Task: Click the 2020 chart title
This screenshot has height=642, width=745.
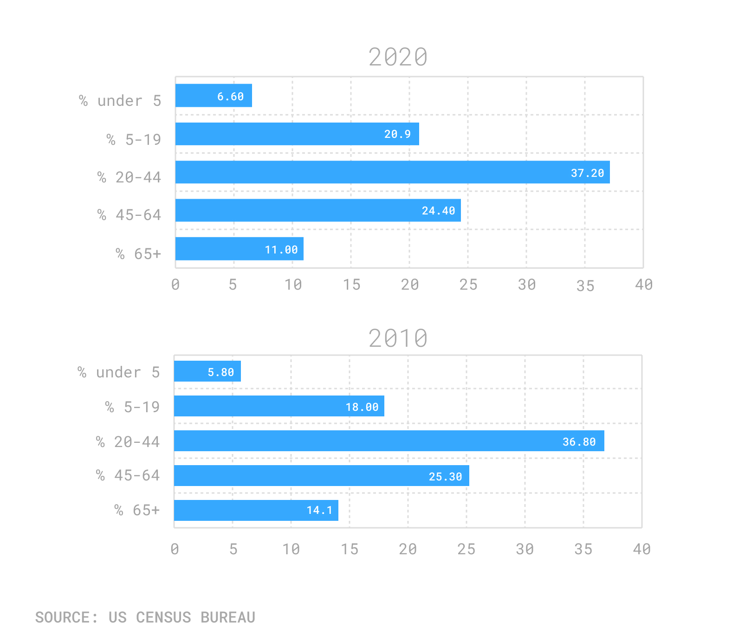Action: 398,57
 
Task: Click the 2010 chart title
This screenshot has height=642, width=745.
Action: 398,338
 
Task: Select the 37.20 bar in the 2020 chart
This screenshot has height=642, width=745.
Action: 392,172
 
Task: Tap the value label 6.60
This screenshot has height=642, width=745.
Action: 230,97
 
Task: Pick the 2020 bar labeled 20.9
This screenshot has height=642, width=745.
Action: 297,134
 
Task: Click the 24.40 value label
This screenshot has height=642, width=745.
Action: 438,211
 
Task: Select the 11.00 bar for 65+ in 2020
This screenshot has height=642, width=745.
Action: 239,249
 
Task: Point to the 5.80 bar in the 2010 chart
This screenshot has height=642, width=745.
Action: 207,371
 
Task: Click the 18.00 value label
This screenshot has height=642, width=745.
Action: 362,407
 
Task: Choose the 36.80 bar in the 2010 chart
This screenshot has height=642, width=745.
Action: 389,441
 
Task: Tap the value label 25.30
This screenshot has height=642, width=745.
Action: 445,477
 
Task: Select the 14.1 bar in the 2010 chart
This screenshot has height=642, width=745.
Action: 256,510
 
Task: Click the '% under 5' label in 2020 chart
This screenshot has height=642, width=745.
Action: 120,101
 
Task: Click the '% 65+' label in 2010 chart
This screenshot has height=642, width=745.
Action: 137,510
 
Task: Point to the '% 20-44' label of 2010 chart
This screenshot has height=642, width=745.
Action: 128,442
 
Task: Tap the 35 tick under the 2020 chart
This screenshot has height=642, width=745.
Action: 585,286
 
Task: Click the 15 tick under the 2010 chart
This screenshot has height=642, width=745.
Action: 350,550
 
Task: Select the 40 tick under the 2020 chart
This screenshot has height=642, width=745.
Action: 643,285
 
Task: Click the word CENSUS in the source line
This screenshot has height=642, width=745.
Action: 163,617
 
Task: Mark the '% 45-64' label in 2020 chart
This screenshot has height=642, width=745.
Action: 129,215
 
